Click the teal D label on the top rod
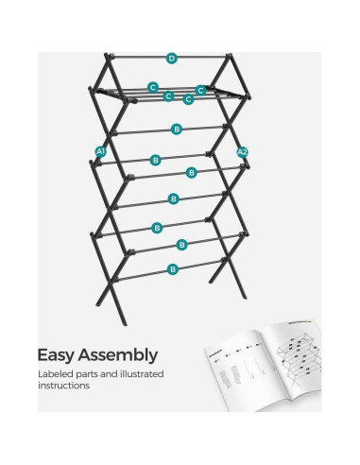click(x=171, y=59)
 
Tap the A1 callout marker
click(x=101, y=152)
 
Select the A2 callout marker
click(x=243, y=152)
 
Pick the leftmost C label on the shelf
click(x=152, y=87)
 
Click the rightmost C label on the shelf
click(x=201, y=90)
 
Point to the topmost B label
click(x=177, y=129)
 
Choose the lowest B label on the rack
click(x=173, y=269)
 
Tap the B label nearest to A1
click(x=155, y=161)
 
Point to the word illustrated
click(x=138, y=375)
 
